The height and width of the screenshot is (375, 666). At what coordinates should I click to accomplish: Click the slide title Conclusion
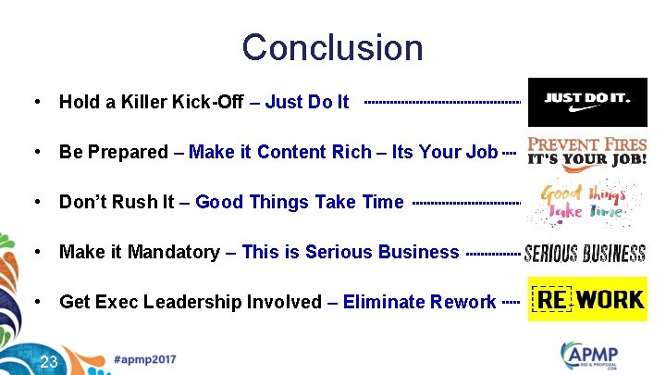coord(332,47)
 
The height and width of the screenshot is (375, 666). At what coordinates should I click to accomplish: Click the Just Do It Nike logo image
coord(586,102)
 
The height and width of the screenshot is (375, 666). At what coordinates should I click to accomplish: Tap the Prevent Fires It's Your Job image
coord(586,152)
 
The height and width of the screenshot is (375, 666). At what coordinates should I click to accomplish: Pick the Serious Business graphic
coord(585,253)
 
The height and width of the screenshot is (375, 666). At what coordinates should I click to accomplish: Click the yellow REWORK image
coord(586,299)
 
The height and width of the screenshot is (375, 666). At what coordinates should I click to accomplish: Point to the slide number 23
coord(49,360)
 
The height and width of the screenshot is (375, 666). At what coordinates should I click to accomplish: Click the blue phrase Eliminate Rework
coord(419,302)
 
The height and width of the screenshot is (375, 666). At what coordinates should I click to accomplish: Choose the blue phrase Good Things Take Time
coord(300,202)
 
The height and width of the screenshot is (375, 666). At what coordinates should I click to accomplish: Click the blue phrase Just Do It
coord(307,102)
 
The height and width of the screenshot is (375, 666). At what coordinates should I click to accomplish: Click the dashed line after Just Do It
coord(442,102)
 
